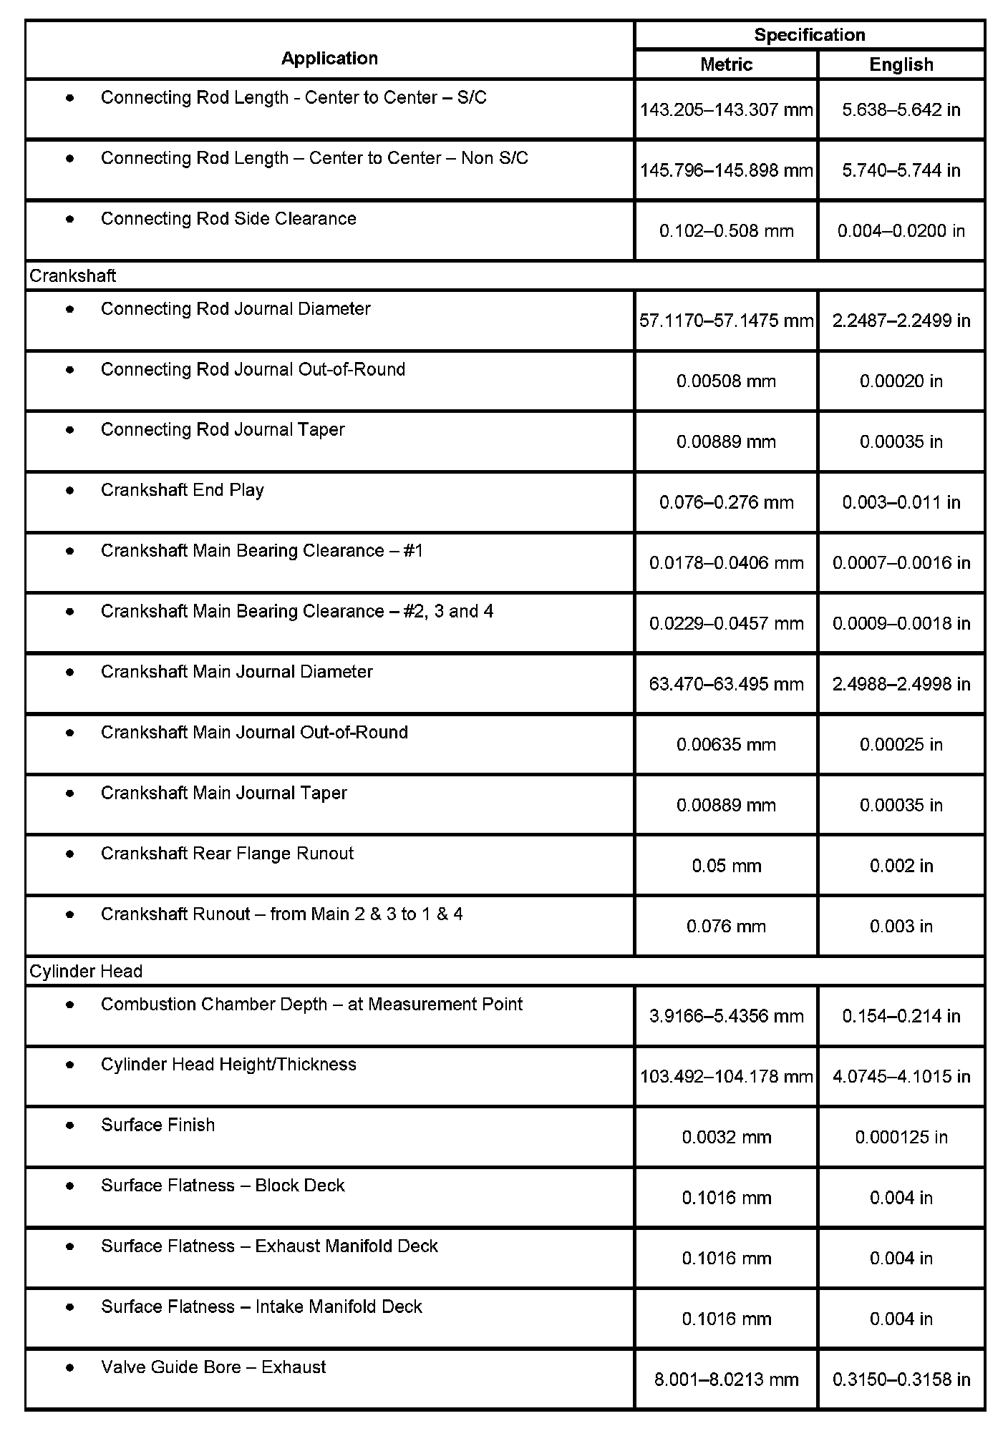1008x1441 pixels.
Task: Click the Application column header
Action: pos(329,58)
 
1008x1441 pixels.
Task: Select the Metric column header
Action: pos(726,64)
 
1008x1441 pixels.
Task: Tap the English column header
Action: pos(901,64)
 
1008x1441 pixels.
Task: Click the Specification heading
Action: pos(809,34)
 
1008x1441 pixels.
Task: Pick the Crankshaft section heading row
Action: pos(72,275)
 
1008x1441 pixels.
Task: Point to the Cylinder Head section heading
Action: pos(86,971)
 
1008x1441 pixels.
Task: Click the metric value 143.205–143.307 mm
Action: pos(726,109)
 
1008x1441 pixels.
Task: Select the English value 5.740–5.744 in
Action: pos(901,170)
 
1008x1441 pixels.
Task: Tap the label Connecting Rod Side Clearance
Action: pos(228,218)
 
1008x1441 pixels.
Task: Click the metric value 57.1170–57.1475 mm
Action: pos(726,321)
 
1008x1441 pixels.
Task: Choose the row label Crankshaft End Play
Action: pos(183,490)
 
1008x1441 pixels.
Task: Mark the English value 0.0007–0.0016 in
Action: pos(901,563)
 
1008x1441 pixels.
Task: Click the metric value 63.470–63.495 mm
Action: pos(726,684)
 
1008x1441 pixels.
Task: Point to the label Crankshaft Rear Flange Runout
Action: pos(227,853)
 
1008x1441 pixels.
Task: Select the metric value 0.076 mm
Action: pos(726,927)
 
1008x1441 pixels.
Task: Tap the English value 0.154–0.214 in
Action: pos(901,1016)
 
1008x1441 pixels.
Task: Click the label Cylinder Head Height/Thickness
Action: pos(228,1064)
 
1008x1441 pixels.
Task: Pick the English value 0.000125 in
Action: pos(901,1137)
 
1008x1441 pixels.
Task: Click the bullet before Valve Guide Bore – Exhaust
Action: pos(69,1367)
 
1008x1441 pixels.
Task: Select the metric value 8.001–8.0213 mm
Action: pos(726,1379)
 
